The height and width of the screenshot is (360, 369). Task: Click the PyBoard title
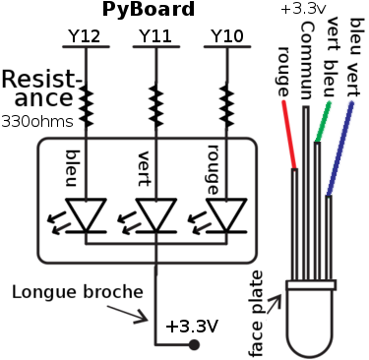tap(149, 10)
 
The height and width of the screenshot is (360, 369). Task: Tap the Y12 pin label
tap(85, 36)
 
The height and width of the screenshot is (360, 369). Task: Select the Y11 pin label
tap(154, 36)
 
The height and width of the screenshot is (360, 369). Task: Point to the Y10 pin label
tap(226, 36)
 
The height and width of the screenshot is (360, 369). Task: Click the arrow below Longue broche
tap(134, 313)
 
